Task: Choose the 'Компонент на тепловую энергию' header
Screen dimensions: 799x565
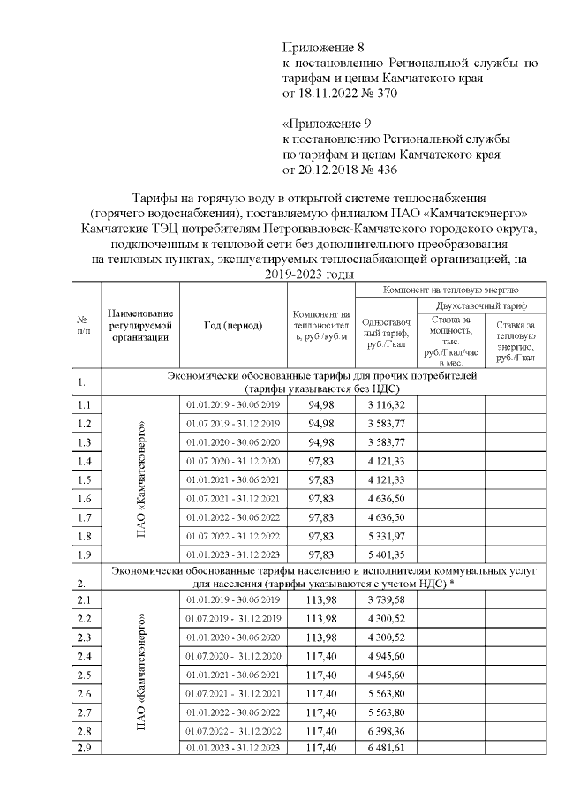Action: [450, 289]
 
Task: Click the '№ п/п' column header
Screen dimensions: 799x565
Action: [83, 325]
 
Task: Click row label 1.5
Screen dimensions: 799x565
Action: [85, 479]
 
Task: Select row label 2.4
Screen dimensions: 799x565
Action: [85, 656]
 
